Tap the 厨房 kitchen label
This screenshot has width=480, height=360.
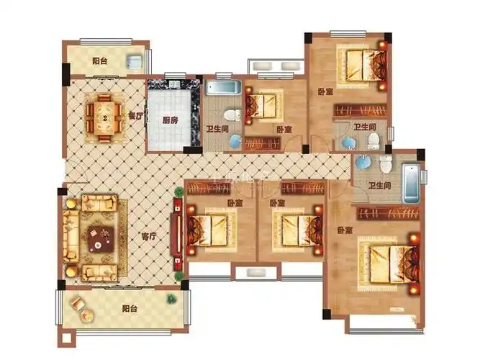[170, 121]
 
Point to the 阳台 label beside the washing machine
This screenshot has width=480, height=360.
[101, 61]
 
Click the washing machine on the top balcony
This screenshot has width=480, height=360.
[133, 60]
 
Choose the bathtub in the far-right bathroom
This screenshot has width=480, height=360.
[409, 184]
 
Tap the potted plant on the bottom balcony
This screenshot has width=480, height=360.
[171, 297]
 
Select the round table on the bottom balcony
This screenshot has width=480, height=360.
[86, 315]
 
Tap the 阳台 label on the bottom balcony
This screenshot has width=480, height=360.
[130, 309]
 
